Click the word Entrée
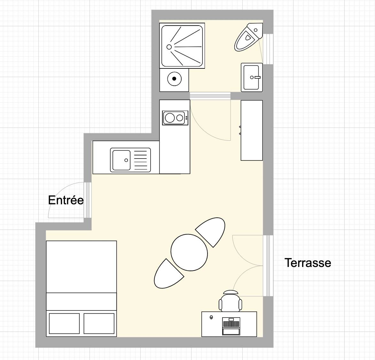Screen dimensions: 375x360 pyautogui.click(x=66, y=200)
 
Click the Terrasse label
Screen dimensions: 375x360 pyautogui.click(x=308, y=262)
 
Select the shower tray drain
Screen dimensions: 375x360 pyautogui.click(x=169, y=47)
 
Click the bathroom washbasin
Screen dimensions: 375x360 pyautogui.click(x=252, y=77)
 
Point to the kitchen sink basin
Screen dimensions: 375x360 pyautogui.click(x=121, y=160)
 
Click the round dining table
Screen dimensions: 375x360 pyautogui.click(x=189, y=253)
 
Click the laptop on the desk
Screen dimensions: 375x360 pyautogui.click(x=231, y=326)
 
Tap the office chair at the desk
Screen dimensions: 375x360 pyautogui.click(x=230, y=301)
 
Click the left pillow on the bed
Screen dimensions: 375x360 pyautogui.click(x=64, y=324)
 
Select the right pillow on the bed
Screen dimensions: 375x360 pyautogui.click(x=99, y=324)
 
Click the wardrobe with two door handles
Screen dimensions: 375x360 pyautogui.click(x=252, y=130)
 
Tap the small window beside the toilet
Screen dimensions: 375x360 pyautogui.click(x=268, y=49)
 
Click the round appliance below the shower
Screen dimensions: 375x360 pyautogui.click(x=174, y=78)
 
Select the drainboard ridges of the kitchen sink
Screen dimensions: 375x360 pyautogui.click(x=140, y=160)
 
